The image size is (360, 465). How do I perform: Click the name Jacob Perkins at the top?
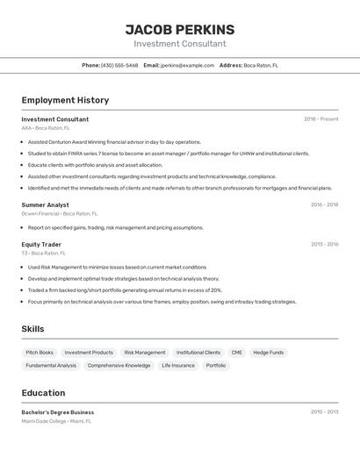click(180, 30)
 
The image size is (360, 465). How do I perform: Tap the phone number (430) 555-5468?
click(119, 65)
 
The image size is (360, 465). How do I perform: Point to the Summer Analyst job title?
click(46, 204)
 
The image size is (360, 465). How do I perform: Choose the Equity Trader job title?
click(41, 245)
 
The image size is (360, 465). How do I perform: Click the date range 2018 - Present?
click(320, 119)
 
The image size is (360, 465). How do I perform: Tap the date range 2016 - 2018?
click(324, 204)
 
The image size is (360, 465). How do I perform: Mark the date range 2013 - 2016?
click(324, 245)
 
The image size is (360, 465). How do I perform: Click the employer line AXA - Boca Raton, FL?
click(46, 128)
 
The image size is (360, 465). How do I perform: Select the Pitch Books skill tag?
click(40, 353)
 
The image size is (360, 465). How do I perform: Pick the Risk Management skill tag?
click(145, 353)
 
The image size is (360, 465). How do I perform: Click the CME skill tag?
click(237, 353)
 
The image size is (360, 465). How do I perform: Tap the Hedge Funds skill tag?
click(269, 353)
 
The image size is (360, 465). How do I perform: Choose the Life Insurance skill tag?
click(178, 366)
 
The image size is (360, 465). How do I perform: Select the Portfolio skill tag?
click(216, 366)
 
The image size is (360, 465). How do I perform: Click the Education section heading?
click(43, 393)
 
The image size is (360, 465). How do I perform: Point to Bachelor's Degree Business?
click(58, 412)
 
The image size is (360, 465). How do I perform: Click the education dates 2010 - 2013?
click(324, 411)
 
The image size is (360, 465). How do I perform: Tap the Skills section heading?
click(32, 329)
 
